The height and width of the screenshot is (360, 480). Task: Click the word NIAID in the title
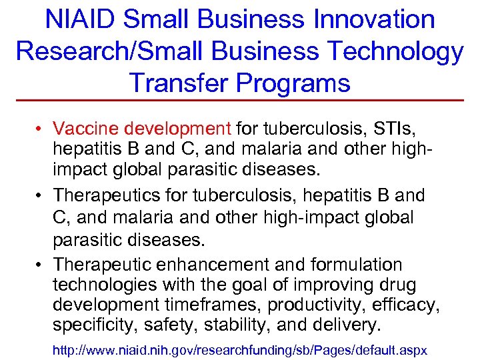tap(79, 19)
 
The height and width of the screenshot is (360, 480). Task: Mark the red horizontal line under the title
tap(240, 100)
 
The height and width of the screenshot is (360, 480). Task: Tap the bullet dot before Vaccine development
tap(41, 128)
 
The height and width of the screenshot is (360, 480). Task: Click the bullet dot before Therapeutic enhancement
tap(41, 263)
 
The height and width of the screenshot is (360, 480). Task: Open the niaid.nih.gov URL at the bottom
tap(239, 349)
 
